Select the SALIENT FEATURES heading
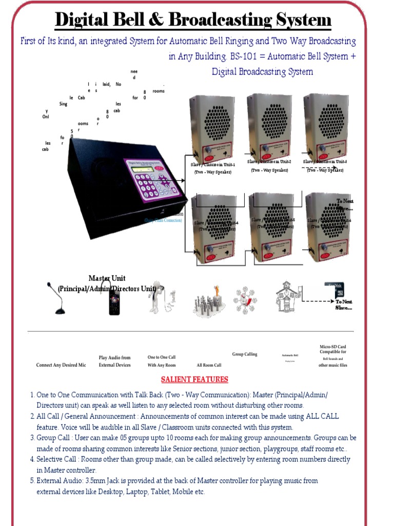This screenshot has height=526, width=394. point(194,380)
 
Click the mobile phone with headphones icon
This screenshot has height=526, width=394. point(113,298)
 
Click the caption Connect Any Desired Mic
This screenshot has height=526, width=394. point(61,365)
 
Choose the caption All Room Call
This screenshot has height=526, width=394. point(209,365)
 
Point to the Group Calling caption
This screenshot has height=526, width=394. point(245,354)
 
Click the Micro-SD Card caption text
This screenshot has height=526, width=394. point(332,349)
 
